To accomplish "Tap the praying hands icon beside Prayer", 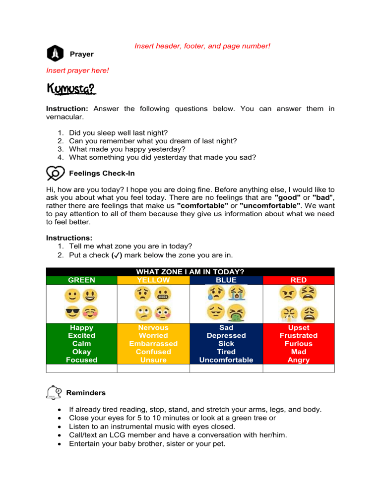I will pyautogui.click(x=55, y=53).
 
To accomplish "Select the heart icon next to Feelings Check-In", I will pyautogui.click(x=55, y=174).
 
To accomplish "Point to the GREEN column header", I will pyautogui.click(x=81, y=280).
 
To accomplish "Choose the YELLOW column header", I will pyautogui.click(x=153, y=280).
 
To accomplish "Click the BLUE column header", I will pyautogui.click(x=226, y=280).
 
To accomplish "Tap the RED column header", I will pyautogui.click(x=299, y=280).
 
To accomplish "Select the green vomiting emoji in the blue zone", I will pyautogui.click(x=236, y=312).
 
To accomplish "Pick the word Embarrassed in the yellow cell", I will pyautogui.click(x=153, y=344).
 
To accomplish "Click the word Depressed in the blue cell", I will pyautogui.click(x=226, y=336).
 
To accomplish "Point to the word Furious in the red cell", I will pyautogui.click(x=299, y=344).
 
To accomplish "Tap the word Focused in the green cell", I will pyautogui.click(x=81, y=360).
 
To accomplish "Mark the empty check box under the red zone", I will pyautogui.click(x=299, y=368).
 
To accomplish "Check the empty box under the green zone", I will pyautogui.click(x=81, y=368).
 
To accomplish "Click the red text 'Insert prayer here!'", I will pyautogui.click(x=77, y=70).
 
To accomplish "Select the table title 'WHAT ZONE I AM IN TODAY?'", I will pyautogui.click(x=190, y=272).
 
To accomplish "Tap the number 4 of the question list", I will pyautogui.click(x=61, y=158).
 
